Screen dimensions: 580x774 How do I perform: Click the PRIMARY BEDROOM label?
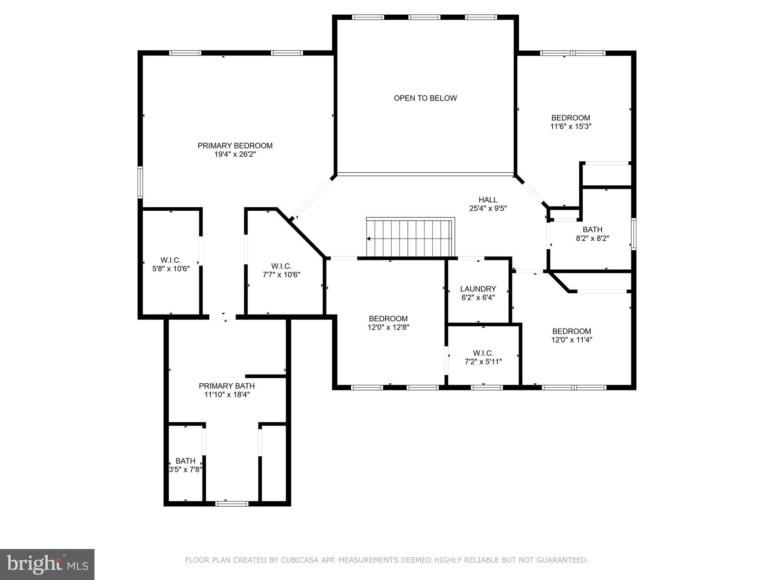235,145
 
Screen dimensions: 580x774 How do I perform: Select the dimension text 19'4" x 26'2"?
235,154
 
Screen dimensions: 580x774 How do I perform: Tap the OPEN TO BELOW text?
425,98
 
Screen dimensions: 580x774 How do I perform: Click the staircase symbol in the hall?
410,238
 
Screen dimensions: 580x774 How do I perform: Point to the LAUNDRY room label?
478,289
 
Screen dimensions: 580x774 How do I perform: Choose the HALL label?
488,200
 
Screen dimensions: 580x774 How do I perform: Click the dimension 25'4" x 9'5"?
488,208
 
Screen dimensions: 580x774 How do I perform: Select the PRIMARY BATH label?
227,386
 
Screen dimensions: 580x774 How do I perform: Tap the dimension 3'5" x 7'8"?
185,470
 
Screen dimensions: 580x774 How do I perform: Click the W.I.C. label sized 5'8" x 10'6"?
170,260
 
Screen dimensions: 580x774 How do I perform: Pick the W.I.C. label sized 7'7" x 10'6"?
281,266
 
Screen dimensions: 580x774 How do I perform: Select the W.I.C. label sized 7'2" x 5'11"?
483,353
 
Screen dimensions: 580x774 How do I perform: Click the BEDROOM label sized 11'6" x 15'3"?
570,118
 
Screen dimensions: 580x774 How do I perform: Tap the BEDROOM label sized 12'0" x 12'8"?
388,319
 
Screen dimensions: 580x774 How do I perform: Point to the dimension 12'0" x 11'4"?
571,340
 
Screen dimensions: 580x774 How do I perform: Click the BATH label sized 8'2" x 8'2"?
592,230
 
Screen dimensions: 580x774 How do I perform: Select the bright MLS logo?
47,565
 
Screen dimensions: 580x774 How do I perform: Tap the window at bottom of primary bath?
232,503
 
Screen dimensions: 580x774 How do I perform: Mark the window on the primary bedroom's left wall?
140,182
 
